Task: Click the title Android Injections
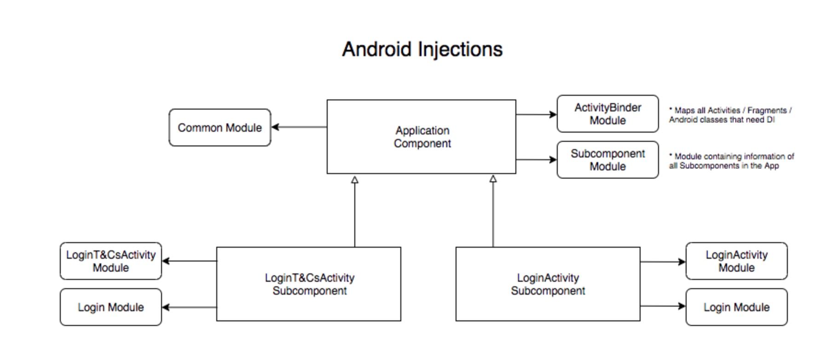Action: [422, 49]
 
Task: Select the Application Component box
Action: [421, 137]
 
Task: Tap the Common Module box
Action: [220, 128]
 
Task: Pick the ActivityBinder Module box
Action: [607, 114]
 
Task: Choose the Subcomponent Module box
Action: [607, 160]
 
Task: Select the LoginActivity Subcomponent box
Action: [548, 284]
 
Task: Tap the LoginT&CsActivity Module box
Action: [110, 261]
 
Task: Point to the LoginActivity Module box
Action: [736, 261]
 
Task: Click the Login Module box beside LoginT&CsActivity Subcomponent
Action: [110, 307]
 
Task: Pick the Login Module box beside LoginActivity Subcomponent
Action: [736, 307]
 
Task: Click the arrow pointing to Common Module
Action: [299, 127]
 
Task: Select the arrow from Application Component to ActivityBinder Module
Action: [536, 114]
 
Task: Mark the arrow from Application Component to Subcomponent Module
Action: [536, 160]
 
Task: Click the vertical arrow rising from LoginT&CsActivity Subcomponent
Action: [355, 212]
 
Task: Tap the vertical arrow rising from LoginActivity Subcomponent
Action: [493, 212]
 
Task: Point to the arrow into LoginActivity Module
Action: [663, 262]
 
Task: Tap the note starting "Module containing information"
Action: [731, 161]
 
